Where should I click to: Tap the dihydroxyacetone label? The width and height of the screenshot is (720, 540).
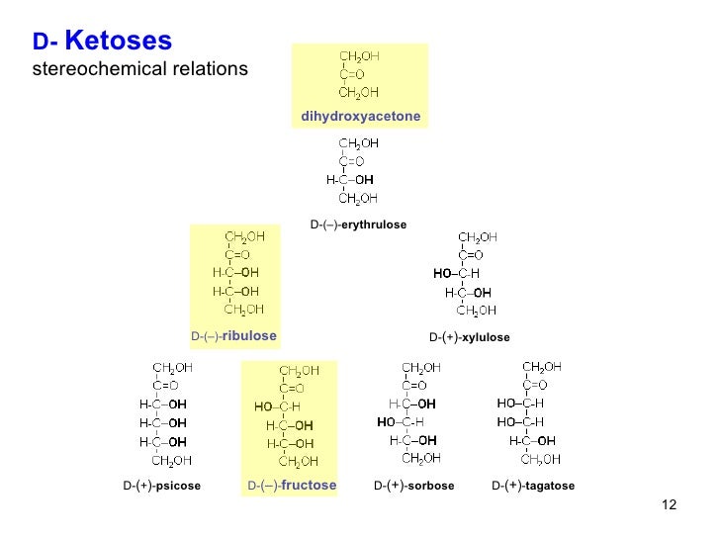pos(360,117)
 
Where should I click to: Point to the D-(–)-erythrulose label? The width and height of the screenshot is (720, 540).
pos(358,225)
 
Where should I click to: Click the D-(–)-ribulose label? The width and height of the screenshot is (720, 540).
pos(233,336)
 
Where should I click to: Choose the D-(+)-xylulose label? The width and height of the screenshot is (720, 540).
pos(470,337)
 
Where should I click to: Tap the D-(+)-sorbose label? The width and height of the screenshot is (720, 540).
pos(413,486)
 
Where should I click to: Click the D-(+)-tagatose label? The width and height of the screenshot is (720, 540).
pos(533,486)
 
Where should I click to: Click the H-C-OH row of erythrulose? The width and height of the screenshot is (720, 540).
pos(350,180)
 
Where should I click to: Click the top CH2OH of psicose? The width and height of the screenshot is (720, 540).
pos(171,367)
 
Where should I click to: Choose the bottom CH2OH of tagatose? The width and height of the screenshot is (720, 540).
pos(541,459)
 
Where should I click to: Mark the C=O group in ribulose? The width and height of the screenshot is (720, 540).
pos(239,253)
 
